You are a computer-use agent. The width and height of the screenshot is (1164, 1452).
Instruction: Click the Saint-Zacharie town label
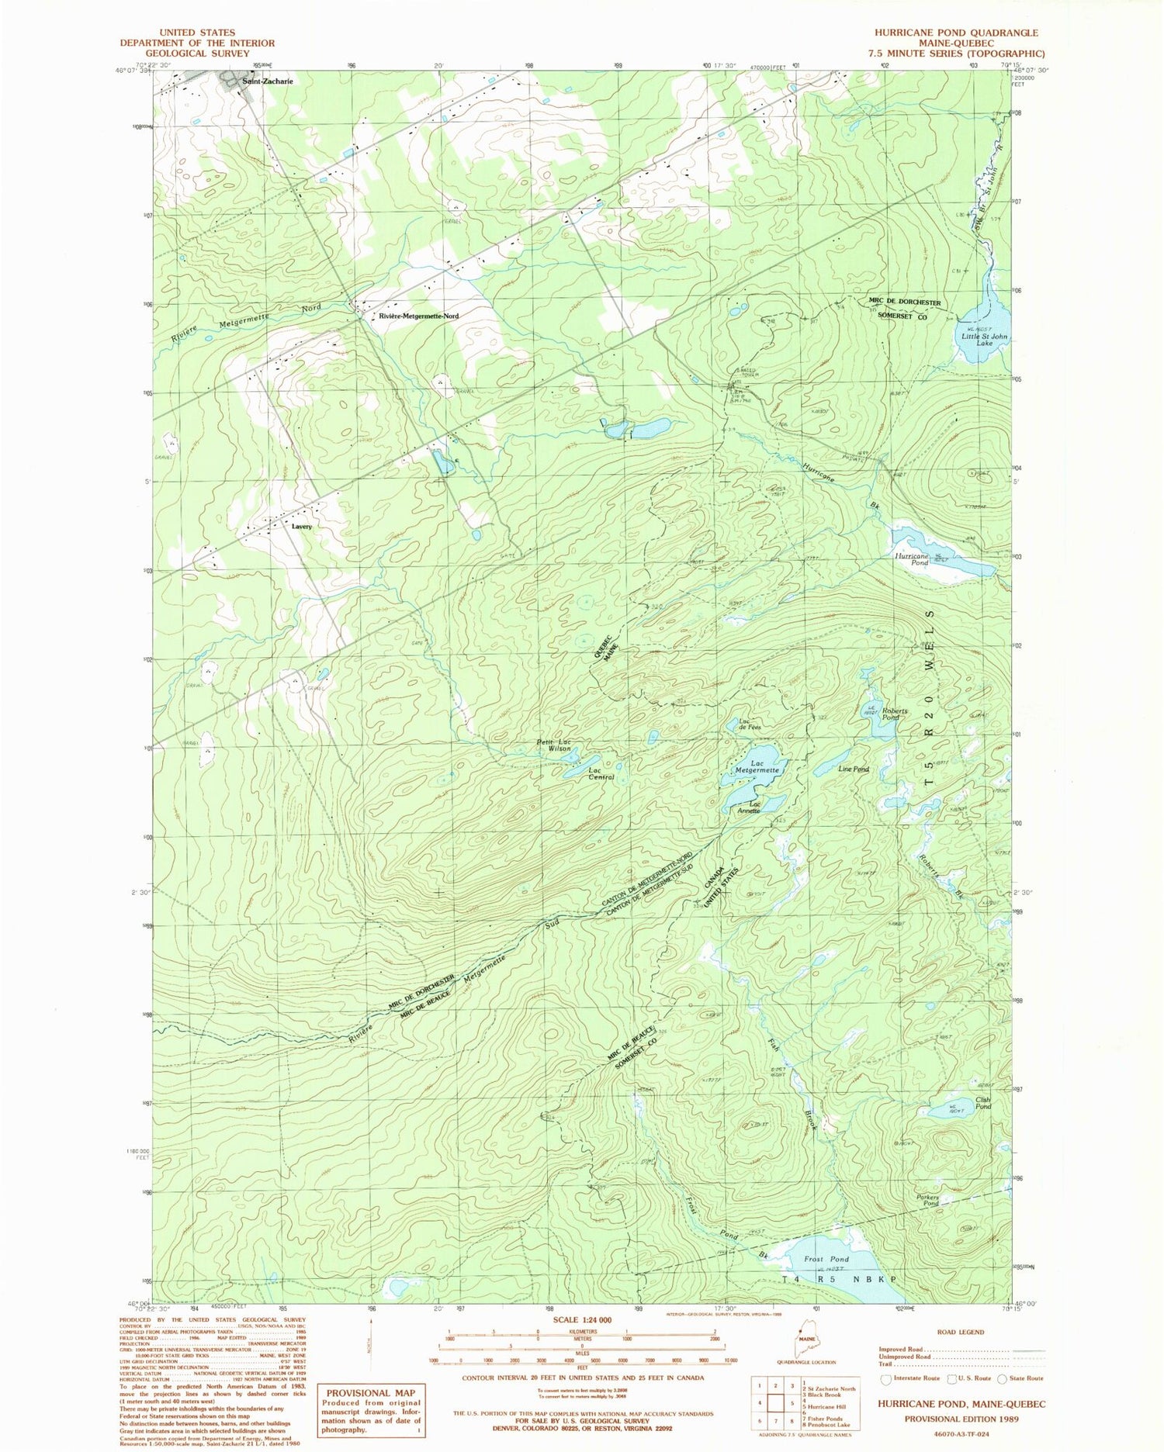267,81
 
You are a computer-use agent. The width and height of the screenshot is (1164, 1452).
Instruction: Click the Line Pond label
853,769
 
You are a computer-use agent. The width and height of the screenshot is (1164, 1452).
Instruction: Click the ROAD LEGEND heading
961,1332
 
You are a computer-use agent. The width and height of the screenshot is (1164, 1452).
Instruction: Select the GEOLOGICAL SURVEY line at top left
197,53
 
